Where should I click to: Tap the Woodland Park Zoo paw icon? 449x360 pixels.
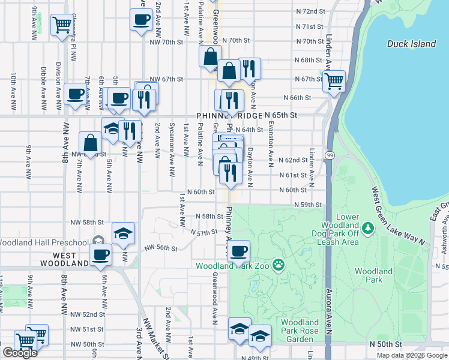[x=279, y=265]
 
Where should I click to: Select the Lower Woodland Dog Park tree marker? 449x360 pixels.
[x=369, y=229]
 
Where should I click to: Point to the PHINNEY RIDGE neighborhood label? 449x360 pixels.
[x=229, y=115]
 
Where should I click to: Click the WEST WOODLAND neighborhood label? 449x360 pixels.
[x=65, y=263]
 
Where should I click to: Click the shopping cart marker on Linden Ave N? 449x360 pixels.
[x=334, y=80]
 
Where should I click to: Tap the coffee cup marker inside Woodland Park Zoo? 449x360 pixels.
[x=239, y=251]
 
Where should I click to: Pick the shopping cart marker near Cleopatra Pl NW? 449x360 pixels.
[x=62, y=25]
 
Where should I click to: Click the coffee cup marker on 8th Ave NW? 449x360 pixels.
[x=76, y=94]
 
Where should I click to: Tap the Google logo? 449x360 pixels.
[x=20, y=353]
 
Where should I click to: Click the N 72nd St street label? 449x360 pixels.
[x=310, y=11]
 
